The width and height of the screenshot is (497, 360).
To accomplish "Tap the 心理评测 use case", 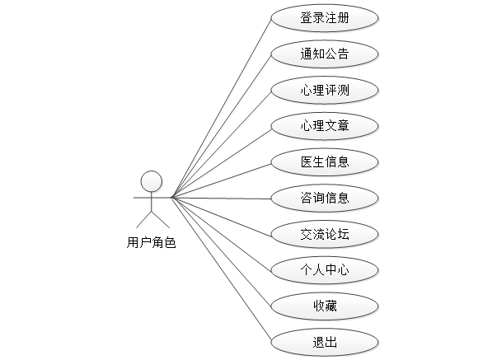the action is click(x=325, y=90).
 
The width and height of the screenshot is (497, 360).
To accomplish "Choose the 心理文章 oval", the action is click(x=325, y=126).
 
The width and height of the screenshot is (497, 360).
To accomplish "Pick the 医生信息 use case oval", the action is click(x=325, y=161).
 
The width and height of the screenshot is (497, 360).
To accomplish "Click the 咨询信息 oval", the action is click(x=325, y=198).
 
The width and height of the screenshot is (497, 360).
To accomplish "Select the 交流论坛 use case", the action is click(x=325, y=234).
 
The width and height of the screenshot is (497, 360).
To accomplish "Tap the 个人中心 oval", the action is click(x=325, y=269).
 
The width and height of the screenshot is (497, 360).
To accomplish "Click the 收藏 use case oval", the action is click(x=325, y=306).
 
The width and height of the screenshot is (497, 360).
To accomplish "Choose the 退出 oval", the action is click(x=325, y=341).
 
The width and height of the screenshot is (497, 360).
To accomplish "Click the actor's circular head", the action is click(x=151, y=180).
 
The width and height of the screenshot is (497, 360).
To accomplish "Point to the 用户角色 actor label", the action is click(x=151, y=243).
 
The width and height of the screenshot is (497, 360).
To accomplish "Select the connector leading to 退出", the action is click(x=221, y=269).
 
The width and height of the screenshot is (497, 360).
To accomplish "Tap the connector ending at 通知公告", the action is click(x=221, y=126).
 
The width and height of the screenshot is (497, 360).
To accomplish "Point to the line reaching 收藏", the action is click(x=221, y=251).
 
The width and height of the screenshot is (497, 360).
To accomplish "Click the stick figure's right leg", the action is click(x=160, y=220).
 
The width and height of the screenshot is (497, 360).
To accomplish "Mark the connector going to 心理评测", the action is click(x=221, y=144).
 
